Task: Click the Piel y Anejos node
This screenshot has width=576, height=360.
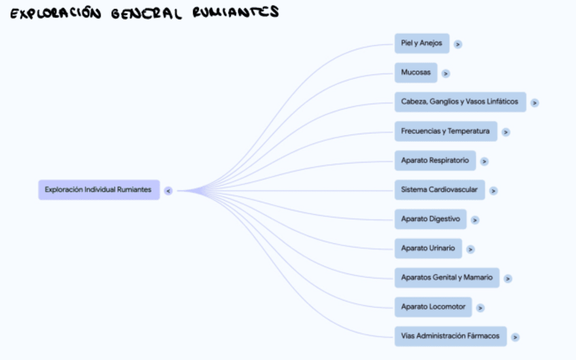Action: coord(421,43)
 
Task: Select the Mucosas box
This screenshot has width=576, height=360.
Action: coord(416,73)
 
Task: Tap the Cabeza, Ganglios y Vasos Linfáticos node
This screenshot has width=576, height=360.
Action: coord(460,102)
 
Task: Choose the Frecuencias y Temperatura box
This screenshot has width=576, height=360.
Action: coord(445,131)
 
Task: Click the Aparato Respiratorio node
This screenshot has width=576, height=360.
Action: coord(435,160)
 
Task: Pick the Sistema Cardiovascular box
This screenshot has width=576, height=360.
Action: coord(439,190)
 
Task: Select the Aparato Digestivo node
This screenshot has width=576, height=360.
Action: coord(430,219)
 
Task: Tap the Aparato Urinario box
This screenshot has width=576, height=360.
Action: coord(428,249)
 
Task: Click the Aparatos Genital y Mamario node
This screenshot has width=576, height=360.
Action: coord(446,278)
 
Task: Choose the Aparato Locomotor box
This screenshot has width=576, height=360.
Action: coord(433,307)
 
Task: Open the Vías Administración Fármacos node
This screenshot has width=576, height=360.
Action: coord(450,336)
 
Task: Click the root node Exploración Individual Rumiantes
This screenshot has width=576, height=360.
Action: coord(98,190)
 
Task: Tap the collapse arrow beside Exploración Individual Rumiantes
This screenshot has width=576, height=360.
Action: coord(168,191)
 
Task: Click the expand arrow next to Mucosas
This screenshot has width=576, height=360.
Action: coord(446,73)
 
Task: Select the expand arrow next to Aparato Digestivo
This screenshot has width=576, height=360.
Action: coord(475,220)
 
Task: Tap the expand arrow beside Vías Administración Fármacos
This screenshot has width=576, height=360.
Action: coord(515,337)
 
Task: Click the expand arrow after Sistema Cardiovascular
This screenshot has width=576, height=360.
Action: coord(493,191)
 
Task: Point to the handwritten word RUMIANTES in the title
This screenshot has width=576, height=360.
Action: coord(235,12)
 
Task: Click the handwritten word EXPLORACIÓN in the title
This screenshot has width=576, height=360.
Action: coord(52,14)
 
